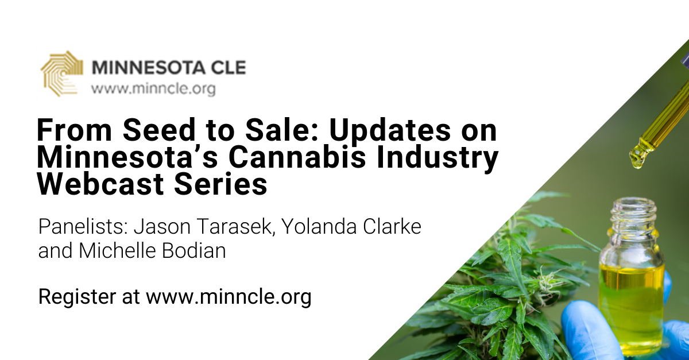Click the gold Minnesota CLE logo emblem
click(62, 73)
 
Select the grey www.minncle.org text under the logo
click(153, 89)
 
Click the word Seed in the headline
click(160, 130)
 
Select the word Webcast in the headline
click(100, 184)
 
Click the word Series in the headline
click(220, 184)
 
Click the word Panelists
click(83, 226)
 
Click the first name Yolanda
click(319, 226)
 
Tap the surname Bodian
click(194, 250)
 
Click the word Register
click(77, 297)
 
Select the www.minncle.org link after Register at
click(229, 297)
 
